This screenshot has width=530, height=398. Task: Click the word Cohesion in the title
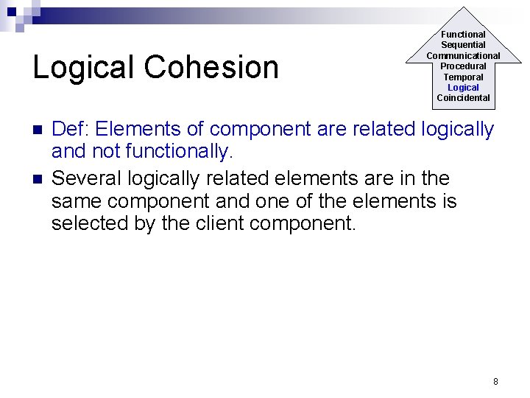[x=211, y=68]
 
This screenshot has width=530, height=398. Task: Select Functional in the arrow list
[x=463, y=35]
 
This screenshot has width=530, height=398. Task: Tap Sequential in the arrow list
[x=463, y=45]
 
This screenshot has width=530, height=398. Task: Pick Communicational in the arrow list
[x=463, y=56]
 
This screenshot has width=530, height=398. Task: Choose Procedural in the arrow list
[x=463, y=66]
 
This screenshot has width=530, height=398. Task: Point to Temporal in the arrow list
[x=463, y=77]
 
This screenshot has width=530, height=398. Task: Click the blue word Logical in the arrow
[x=463, y=88]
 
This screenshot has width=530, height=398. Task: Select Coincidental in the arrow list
[x=463, y=98]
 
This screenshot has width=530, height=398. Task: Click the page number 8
[x=495, y=381]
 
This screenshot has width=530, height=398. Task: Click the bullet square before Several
[x=38, y=179]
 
